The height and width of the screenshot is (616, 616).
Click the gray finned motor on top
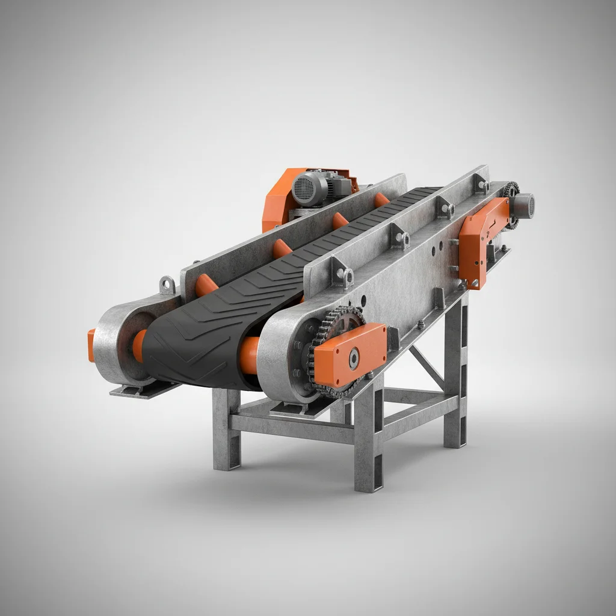[310, 187]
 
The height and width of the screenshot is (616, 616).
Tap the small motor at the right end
[523, 205]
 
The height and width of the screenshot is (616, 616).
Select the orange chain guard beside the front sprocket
[350, 354]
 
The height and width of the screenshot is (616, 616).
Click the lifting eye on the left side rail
[167, 284]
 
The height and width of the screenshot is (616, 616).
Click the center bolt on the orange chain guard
[353, 359]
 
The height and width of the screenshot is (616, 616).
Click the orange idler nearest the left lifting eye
[206, 285]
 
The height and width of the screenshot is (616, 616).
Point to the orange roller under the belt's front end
[248, 355]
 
